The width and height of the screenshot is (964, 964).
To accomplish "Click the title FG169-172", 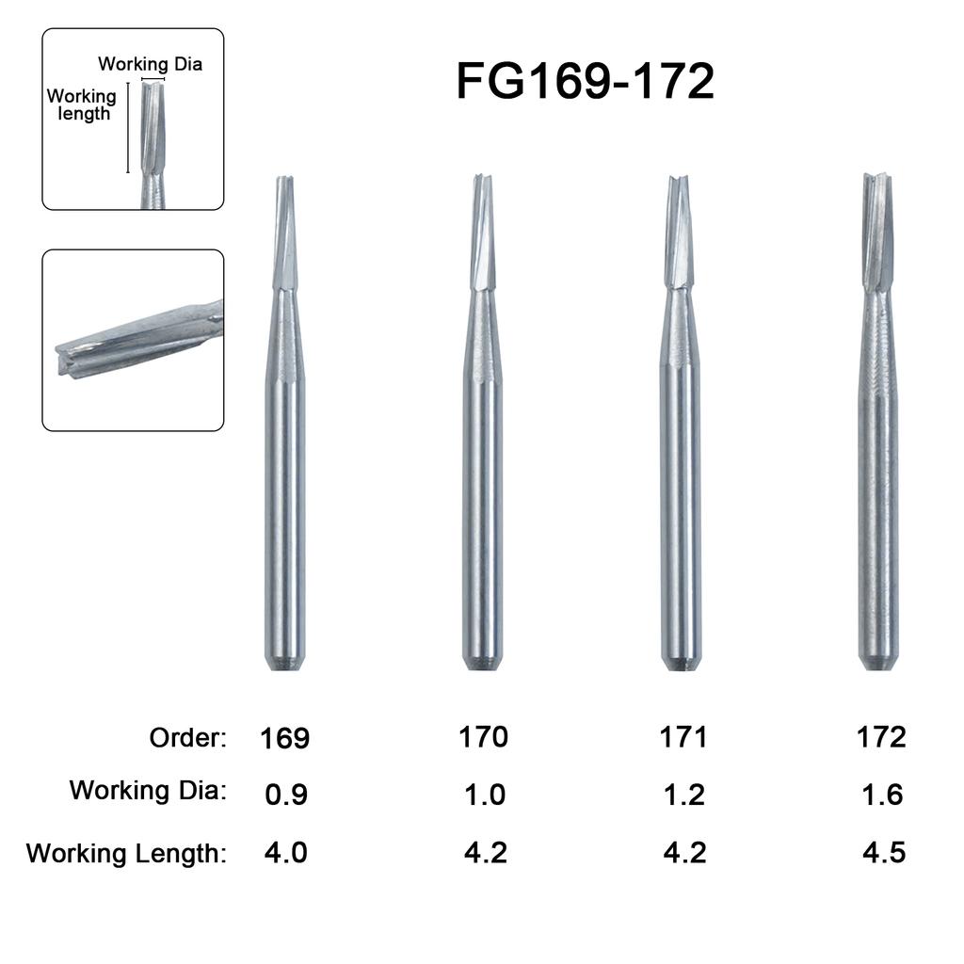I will [585, 82].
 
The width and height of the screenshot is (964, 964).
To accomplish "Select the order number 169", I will [284, 738].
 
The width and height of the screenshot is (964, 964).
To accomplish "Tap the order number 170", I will [484, 736].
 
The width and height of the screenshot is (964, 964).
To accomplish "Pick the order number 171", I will [683, 736].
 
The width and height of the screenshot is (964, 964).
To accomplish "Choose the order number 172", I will [881, 736].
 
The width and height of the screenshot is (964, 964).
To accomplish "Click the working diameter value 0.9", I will [285, 795].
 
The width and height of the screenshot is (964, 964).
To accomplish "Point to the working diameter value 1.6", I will [882, 795].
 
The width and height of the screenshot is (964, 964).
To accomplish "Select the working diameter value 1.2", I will [683, 795].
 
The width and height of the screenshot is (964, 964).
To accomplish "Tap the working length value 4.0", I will [285, 854].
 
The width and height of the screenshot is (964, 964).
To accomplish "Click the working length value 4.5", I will [884, 854].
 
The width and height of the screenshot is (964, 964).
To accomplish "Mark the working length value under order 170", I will [486, 854].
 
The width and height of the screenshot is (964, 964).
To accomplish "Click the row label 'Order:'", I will [188, 738].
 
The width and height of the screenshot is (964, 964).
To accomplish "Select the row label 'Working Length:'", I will [127, 854].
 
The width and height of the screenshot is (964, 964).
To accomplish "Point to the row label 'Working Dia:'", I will [148, 790].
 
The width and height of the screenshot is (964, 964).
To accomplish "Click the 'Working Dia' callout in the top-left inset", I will [150, 64].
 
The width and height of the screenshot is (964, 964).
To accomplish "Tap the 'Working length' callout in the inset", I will [82, 104].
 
